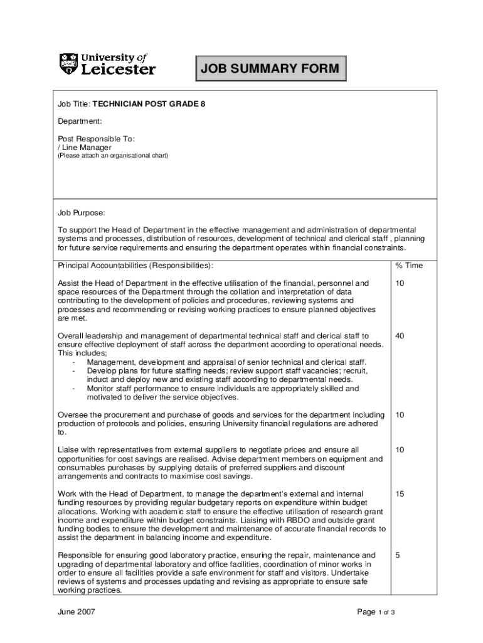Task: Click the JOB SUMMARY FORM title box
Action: tap(270, 69)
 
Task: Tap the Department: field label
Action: tap(80, 121)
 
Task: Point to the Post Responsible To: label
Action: tap(97, 138)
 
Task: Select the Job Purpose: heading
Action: tap(82, 213)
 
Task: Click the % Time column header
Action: tap(409, 266)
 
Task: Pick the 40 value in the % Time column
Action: tap(400, 336)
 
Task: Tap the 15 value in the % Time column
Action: tap(400, 494)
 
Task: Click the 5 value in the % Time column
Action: tap(397, 555)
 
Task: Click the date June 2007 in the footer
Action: tap(77, 612)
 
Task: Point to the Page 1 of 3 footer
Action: tap(376, 612)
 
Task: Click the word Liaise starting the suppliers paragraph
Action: tap(70, 450)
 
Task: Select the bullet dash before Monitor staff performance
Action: tap(74, 389)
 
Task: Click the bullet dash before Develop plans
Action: tap(74, 371)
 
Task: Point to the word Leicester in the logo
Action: tap(119, 69)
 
